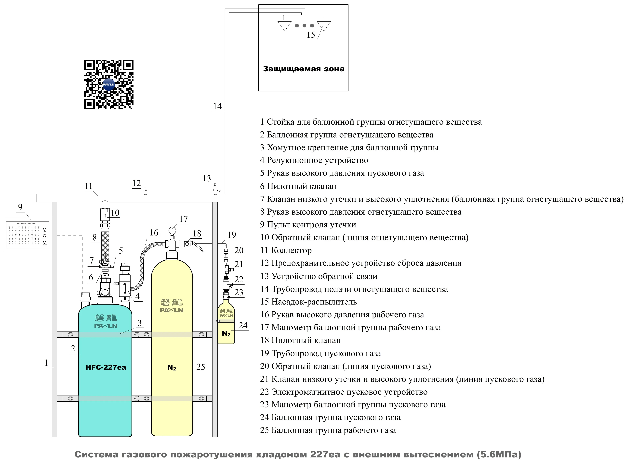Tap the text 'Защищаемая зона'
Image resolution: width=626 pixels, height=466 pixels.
point(304,69)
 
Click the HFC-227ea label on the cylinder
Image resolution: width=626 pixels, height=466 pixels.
point(106,367)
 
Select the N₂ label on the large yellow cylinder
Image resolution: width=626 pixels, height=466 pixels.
point(172,368)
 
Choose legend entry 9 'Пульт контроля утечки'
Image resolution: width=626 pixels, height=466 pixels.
point(308,225)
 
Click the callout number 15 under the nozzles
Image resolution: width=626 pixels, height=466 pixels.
point(311,35)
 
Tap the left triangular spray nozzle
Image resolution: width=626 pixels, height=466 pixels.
point(284,25)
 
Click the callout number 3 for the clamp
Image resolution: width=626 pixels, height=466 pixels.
point(139,323)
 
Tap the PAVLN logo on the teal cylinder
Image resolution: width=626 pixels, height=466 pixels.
point(106,326)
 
